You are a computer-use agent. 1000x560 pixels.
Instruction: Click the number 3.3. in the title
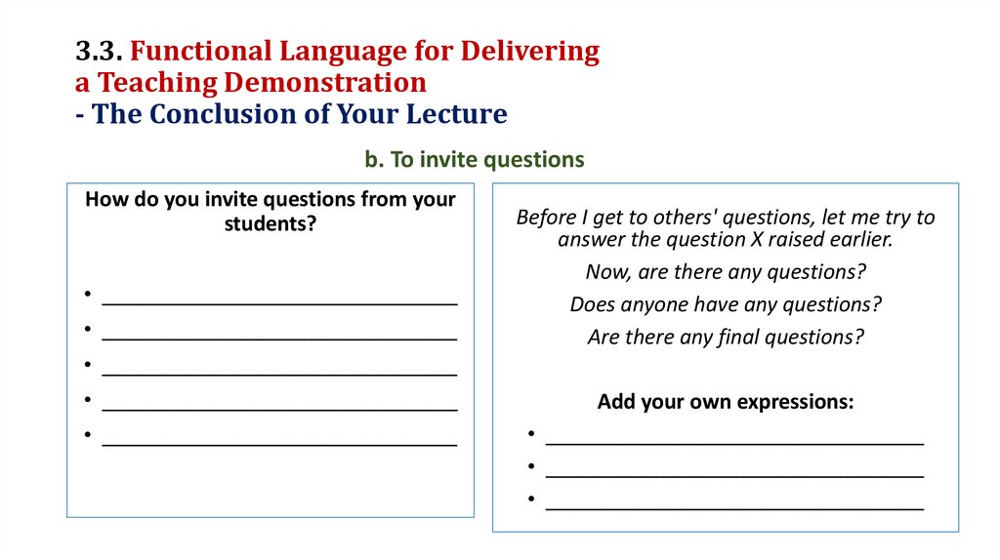pos(98,52)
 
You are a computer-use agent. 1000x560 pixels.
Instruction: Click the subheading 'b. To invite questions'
pos(475,160)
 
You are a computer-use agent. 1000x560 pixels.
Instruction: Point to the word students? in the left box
pos(271,223)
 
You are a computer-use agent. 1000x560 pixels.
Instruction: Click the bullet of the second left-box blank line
pos(88,330)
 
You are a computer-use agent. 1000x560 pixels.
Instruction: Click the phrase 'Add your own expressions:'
pos(726,402)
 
